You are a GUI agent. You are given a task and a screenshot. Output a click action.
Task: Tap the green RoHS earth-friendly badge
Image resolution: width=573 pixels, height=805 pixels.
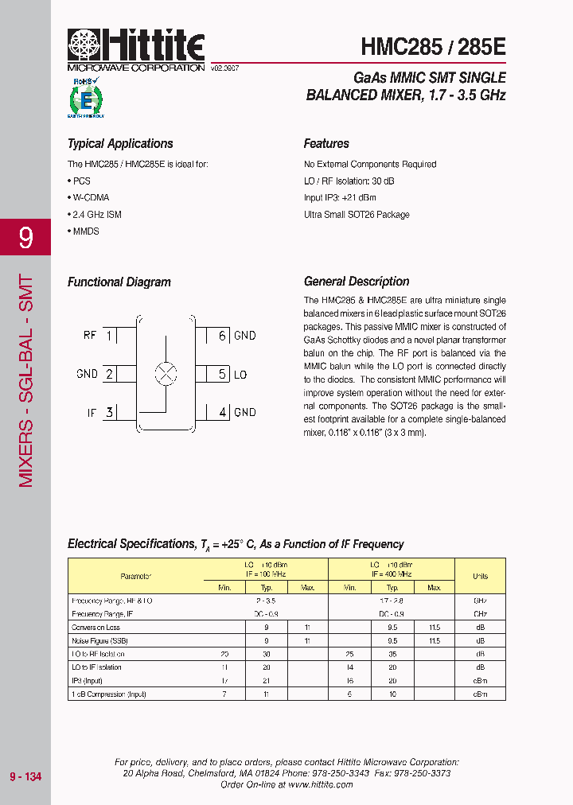(85, 98)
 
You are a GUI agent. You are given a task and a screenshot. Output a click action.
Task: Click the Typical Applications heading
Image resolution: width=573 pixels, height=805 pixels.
(120, 144)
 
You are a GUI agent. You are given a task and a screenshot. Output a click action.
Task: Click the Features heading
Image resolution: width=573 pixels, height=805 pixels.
(326, 144)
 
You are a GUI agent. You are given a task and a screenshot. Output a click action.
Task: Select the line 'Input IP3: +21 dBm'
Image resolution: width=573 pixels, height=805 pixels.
(340, 197)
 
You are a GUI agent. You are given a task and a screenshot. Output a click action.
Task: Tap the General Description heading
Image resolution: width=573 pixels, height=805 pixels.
(357, 282)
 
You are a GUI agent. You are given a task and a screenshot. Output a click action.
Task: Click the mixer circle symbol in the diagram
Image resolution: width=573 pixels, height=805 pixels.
(166, 374)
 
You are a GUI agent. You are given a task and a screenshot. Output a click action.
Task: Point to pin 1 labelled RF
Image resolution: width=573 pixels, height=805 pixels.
(108, 336)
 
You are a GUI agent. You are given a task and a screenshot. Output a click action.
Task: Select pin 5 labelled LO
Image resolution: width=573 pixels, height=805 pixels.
(223, 374)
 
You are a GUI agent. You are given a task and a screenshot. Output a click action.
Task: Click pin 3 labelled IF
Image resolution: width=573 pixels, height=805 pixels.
(108, 412)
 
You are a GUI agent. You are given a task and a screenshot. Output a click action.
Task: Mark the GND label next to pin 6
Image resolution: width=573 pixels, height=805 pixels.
(245, 336)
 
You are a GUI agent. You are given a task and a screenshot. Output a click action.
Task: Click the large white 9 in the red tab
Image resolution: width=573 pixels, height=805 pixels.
(25, 237)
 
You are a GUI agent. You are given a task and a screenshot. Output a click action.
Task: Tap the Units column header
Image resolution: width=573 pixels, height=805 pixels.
(480, 576)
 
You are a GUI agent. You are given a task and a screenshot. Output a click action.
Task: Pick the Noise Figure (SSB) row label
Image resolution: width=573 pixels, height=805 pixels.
(99, 640)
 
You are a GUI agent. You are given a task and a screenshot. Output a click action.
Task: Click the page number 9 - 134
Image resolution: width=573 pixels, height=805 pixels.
(25, 776)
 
